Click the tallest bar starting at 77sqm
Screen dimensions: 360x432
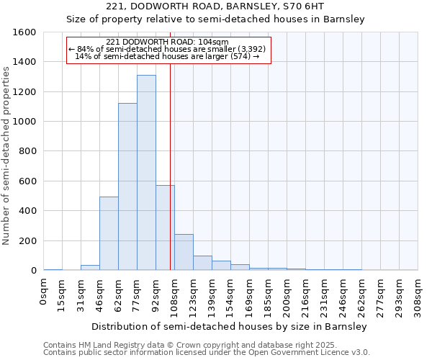146,173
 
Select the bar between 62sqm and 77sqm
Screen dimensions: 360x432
127,186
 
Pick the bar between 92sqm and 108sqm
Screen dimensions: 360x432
165,228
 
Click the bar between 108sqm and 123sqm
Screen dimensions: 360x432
184,252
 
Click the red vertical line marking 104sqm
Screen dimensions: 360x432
170,144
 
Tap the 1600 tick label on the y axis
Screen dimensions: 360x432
24,32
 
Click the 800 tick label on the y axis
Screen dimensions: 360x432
27,152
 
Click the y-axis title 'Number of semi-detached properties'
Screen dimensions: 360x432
6,154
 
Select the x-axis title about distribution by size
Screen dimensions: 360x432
230,326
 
